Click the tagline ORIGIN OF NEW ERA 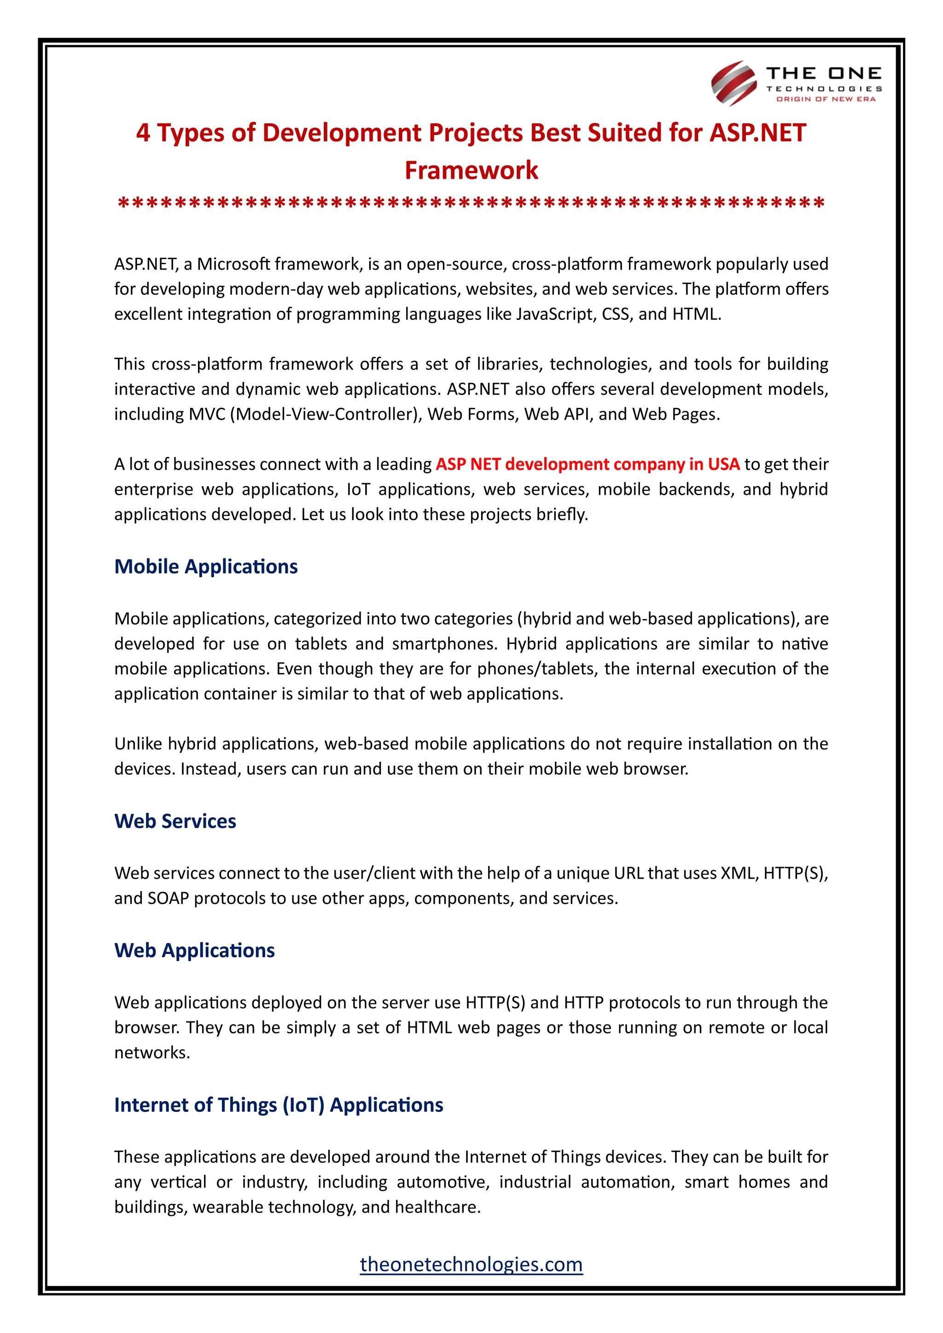pos(826,99)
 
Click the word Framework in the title pos(471,171)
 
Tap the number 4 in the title pos(143,133)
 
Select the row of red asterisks pos(471,204)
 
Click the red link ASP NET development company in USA pos(587,464)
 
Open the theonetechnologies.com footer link pos(471,1264)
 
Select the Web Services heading pos(175,821)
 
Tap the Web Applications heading pos(194,950)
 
